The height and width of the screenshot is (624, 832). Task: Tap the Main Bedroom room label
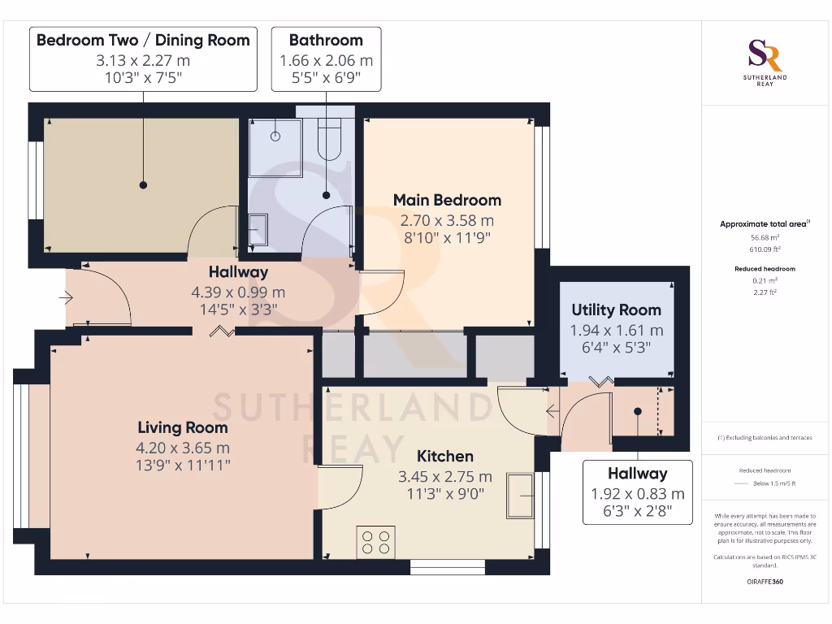[x=447, y=200]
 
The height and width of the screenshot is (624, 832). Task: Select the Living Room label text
[x=183, y=427]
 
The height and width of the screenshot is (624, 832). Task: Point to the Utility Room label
[x=616, y=310]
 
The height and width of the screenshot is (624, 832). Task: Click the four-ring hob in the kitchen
[x=375, y=541]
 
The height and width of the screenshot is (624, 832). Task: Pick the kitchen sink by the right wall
[x=519, y=495]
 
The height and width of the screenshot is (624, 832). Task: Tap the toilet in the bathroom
[x=329, y=138]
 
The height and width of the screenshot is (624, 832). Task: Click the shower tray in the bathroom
[x=275, y=148]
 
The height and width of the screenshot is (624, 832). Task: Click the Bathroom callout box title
[x=326, y=40]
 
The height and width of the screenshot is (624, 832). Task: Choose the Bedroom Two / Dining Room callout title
[x=143, y=40]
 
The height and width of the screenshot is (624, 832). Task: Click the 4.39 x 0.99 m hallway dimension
[x=237, y=292]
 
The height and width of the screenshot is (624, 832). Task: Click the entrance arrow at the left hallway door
[x=65, y=298]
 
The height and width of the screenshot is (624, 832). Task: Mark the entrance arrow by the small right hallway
[x=553, y=411]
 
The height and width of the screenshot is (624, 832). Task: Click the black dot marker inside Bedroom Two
[x=144, y=185]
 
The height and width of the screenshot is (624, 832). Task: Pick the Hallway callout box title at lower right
[x=637, y=474]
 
